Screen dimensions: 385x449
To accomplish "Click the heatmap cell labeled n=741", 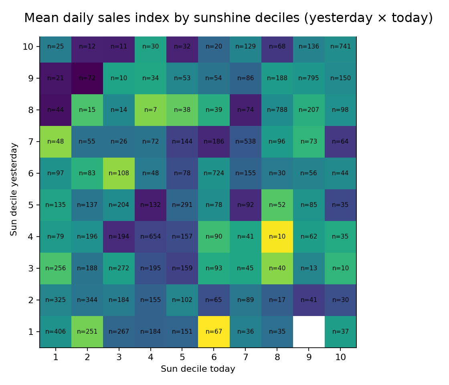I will click(340, 47).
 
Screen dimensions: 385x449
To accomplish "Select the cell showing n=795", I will click(309, 78).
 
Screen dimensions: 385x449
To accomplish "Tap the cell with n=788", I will click(277, 110).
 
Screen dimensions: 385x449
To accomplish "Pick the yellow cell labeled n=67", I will click(214, 332).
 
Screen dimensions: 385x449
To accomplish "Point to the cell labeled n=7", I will click(150, 110).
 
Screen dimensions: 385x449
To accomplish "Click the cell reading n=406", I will click(55, 332).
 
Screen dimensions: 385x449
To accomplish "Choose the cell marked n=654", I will click(150, 237).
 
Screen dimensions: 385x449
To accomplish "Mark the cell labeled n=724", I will click(214, 173).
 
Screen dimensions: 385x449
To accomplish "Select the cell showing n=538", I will click(245, 142).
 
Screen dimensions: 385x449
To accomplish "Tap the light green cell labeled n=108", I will click(119, 173).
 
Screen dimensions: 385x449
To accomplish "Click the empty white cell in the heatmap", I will click(309, 332).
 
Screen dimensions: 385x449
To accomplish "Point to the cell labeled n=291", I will click(182, 205).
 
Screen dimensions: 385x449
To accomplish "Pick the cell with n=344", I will click(87, 300).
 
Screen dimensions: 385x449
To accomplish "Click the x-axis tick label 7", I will click(245, 357).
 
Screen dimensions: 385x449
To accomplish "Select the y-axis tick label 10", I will click(28, 47).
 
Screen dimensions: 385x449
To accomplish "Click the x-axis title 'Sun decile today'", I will click(198, 369).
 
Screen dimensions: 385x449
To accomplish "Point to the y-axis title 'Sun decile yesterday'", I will click(14, 189).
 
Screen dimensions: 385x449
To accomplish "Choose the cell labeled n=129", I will click(245, 47).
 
